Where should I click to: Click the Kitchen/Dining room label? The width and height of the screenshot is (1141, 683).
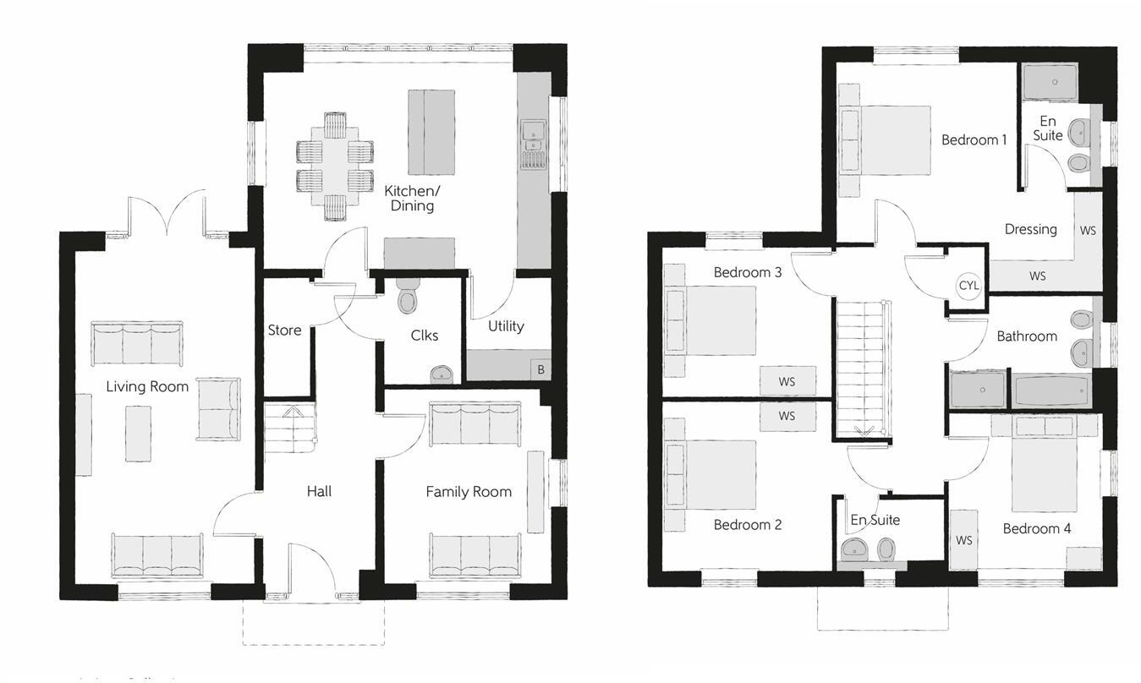coord(409,198)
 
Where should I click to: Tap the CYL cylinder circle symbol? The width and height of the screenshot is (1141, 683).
coord(968,286)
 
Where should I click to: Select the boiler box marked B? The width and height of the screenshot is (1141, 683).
coord(540,369)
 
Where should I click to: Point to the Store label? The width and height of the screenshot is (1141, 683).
coord(284,330)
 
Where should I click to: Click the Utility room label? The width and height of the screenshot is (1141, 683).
coord(506,325)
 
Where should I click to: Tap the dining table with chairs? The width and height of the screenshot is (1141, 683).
coord(335,166)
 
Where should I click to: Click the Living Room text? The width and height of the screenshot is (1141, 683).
coord(147,386)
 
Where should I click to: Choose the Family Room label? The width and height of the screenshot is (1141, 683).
coord(469,491)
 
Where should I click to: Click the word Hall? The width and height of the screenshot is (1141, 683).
coord(319,490)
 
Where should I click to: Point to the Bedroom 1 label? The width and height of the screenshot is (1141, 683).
coord(974,139)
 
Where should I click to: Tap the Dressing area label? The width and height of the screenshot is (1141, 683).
coord(1030,228)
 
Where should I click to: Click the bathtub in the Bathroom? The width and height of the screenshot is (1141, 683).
coord(1053,391)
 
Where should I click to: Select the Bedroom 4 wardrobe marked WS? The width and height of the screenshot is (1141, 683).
coord(963,539)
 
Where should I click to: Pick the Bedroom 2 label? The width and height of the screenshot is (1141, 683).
coord(748,524)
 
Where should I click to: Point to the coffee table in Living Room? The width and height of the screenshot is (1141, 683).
coord(138,433)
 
